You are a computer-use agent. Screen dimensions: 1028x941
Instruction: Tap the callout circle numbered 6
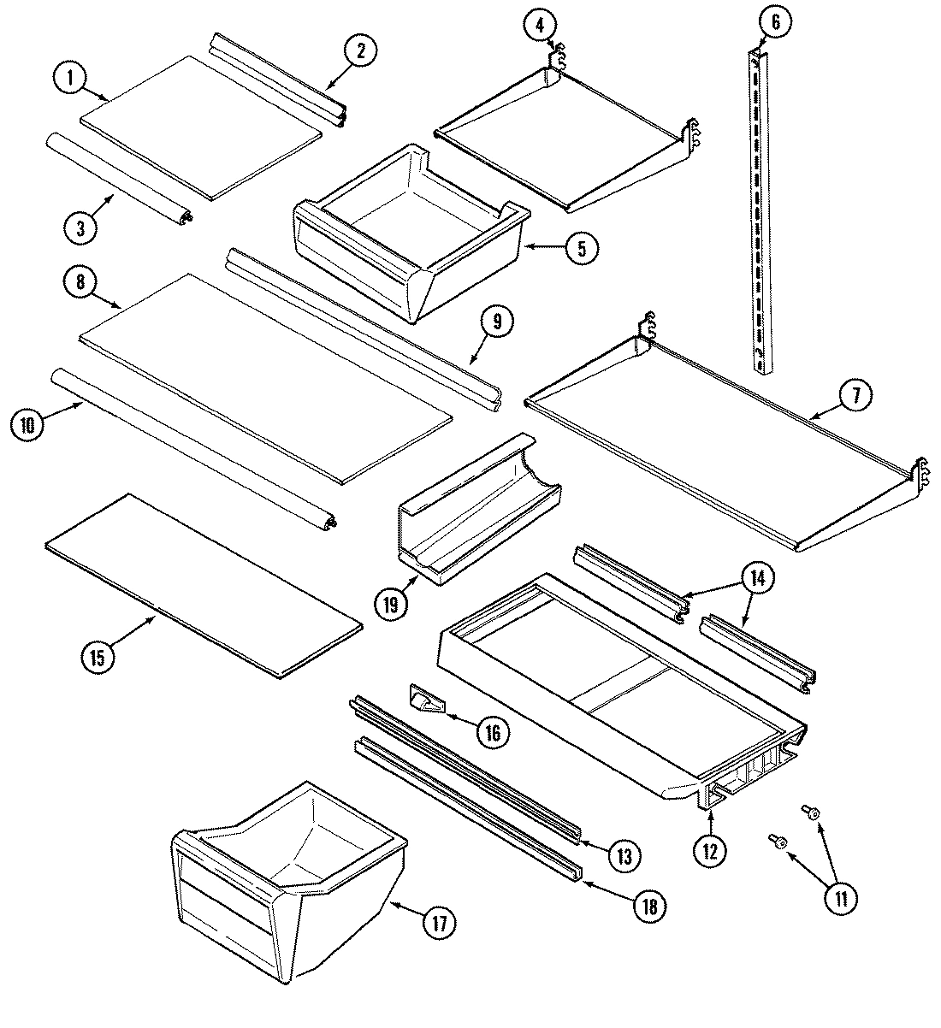(775, 23)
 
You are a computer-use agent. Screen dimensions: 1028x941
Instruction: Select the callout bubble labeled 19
(392, 605)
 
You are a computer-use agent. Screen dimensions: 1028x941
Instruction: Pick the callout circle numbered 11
(841, 898)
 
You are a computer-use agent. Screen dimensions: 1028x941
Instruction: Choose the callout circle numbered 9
(497, 322)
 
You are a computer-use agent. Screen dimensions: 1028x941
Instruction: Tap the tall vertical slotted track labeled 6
(760, 214)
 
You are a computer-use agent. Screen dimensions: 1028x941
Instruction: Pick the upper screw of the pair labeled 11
(810, 811)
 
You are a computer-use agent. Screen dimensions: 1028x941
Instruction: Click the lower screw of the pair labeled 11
(778, 842)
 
